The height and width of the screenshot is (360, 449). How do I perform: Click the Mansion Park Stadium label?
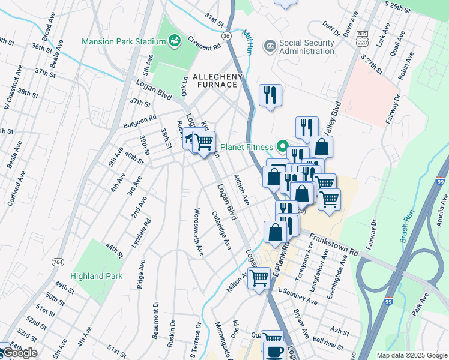coord(124,41)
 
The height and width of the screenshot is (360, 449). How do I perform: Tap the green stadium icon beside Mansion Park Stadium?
coord(175,41)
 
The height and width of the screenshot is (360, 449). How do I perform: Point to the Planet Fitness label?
coord(246,146)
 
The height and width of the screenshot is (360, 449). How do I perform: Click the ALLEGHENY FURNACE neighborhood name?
coord(217,81)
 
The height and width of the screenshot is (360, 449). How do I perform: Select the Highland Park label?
coord(96,277)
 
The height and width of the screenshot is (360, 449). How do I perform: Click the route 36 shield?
coord(226,36)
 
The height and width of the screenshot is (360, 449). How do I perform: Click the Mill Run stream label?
coord(248,42)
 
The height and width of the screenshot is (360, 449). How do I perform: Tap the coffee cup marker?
coord(276,351)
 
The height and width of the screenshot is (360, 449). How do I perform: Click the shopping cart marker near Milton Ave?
coord(259,277)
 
